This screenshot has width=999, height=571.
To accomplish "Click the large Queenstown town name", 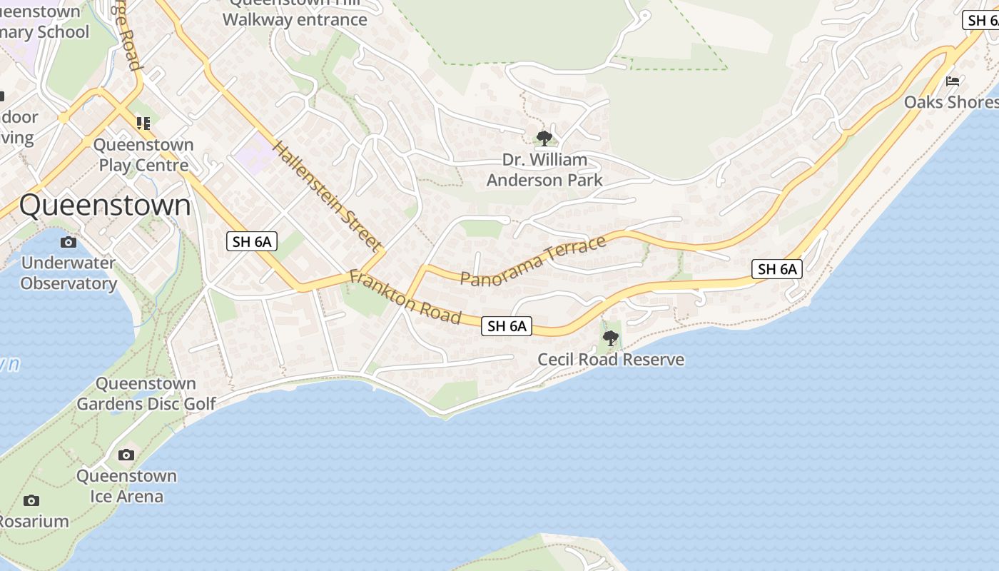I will click(x=105, y=206).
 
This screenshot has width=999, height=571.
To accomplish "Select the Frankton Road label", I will click(x=404, y=296).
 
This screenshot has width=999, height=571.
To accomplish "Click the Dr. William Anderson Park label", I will click(x=544, y=170).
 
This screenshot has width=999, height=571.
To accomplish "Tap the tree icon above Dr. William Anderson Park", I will click(x=544, y=138).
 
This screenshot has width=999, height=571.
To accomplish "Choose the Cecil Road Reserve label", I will click(x=611, y=360).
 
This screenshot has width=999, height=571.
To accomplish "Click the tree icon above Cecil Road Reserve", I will click(x=610, y=338).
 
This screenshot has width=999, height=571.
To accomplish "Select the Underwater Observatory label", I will click(x=69, y=273).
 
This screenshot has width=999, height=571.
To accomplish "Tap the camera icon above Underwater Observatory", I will click(x=69, y=242).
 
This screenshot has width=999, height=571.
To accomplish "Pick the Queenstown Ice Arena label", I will click(x=126, y=486).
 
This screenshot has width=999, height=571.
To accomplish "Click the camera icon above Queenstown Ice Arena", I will click(x=126, y=455).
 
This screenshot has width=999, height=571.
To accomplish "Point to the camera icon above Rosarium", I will click(x=31, y=500).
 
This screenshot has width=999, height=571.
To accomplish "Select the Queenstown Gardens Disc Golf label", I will click(x=146, y=394).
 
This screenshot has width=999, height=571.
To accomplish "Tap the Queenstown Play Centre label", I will click(x=143, y=155).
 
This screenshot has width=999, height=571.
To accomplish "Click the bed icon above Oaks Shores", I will click(x=953, y=81).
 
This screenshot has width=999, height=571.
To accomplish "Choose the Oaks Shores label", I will click(x=950, y=102).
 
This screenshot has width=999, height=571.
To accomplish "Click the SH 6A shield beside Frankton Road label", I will click(x=507, y=326).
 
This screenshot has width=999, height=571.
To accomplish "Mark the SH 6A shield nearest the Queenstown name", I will click(x=252, y=241).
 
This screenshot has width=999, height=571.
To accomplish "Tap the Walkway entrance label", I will click(x=295, y=19).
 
